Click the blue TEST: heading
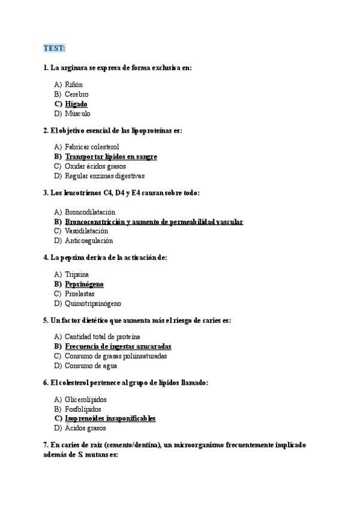[55, 47]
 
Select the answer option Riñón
[74, 85]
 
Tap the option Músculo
[77, 113]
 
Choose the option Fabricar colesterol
[92, 147]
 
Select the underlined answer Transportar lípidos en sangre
[111, 157]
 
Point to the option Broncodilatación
[90, 212]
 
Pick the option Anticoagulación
[89, 241]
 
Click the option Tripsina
[77, 274]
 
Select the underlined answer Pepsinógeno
[84, 284]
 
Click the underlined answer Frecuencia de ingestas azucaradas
[118, 346]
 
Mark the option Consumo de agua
[91, 366]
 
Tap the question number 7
[46, 445]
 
